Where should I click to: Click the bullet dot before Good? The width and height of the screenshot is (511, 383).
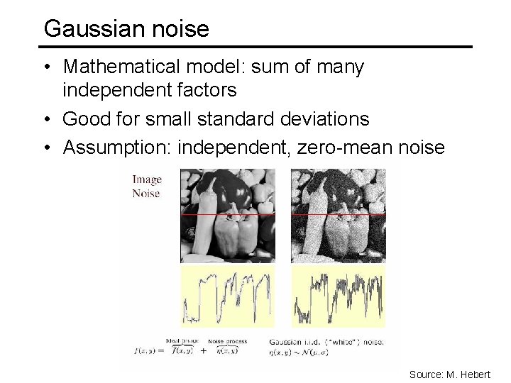pos(47,118)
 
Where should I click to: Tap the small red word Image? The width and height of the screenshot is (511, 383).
pos(147,180)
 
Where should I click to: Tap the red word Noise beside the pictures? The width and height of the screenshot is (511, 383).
pos(146,193)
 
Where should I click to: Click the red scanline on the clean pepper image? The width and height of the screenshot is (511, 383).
pos(227,213)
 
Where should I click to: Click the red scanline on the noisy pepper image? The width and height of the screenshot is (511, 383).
pos(338,213)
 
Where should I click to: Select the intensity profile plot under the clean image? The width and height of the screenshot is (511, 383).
pos(227,296)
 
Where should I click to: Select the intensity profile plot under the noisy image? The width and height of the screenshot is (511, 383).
pos(338,296)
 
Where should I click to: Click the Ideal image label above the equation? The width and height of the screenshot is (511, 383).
pos(182,341)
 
